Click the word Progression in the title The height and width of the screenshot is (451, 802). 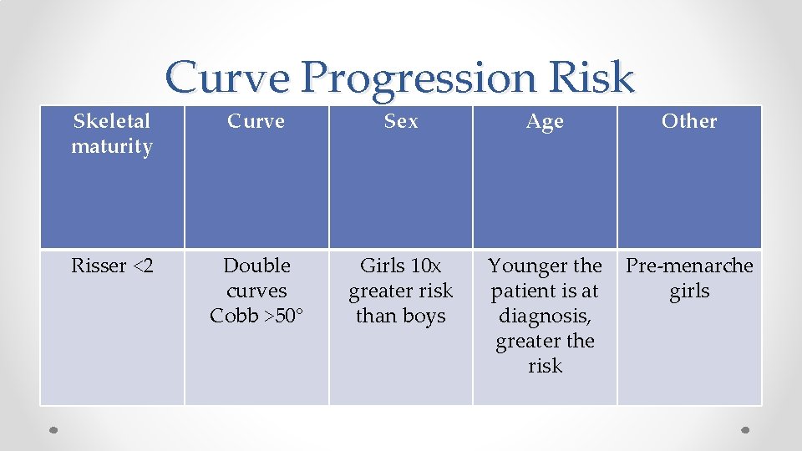pos(418,78)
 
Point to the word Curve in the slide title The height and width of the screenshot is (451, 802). pos(227,78)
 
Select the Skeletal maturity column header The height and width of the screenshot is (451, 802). pos(112,134)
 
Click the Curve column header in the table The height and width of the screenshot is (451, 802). pos(256,121)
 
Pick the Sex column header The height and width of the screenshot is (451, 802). pos(401,121)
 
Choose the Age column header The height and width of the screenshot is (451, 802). pos(545,122)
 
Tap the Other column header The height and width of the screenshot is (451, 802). pos(689,121)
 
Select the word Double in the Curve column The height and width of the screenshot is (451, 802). pos(256,266)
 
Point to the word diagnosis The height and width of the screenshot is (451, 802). pos(545,317)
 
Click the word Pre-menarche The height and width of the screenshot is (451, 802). pos(689,266)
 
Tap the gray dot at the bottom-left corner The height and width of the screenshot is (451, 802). pos(53,430)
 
